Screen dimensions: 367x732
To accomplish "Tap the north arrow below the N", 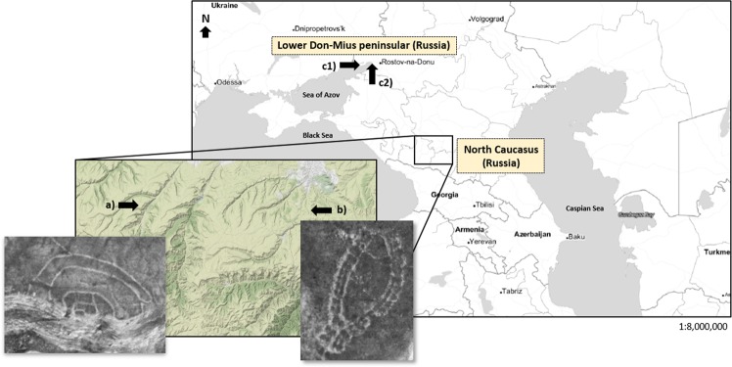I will [x=206, y=31].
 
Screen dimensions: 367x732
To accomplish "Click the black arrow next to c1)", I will [x=349, y=64].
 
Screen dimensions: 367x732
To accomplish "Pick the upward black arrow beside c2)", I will [x=373, y=74].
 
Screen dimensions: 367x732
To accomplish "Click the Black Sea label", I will [x=318, y=136].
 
